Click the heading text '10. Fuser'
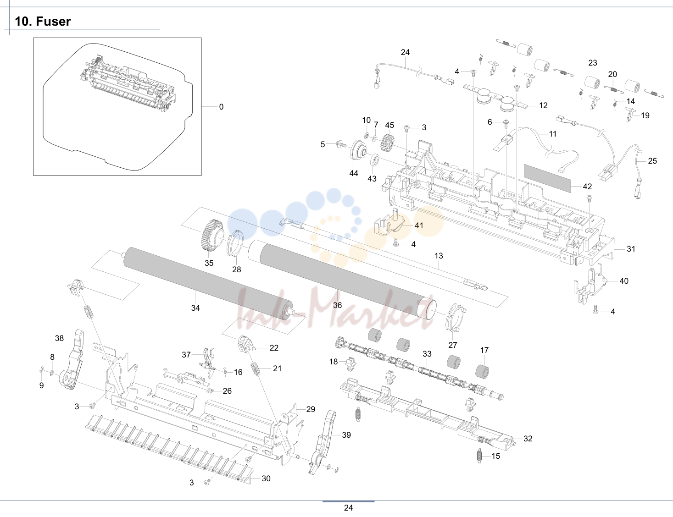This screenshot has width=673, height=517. pyautogui.click(x=43, y=22)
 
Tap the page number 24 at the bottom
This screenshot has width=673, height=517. pyautogui.click(x=348, y=508)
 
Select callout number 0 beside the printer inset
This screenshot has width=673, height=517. pyautogui.click(x=221, y=107)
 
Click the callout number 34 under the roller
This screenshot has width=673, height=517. pyautogui.click(x=195, y=308)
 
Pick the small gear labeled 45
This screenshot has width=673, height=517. pyautogui.click(x=388, y=143)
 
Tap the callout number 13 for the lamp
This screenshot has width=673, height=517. pyautogui.click(x=439, y=256)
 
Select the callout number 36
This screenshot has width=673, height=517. pyautogui.click(x=337, y=305)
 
